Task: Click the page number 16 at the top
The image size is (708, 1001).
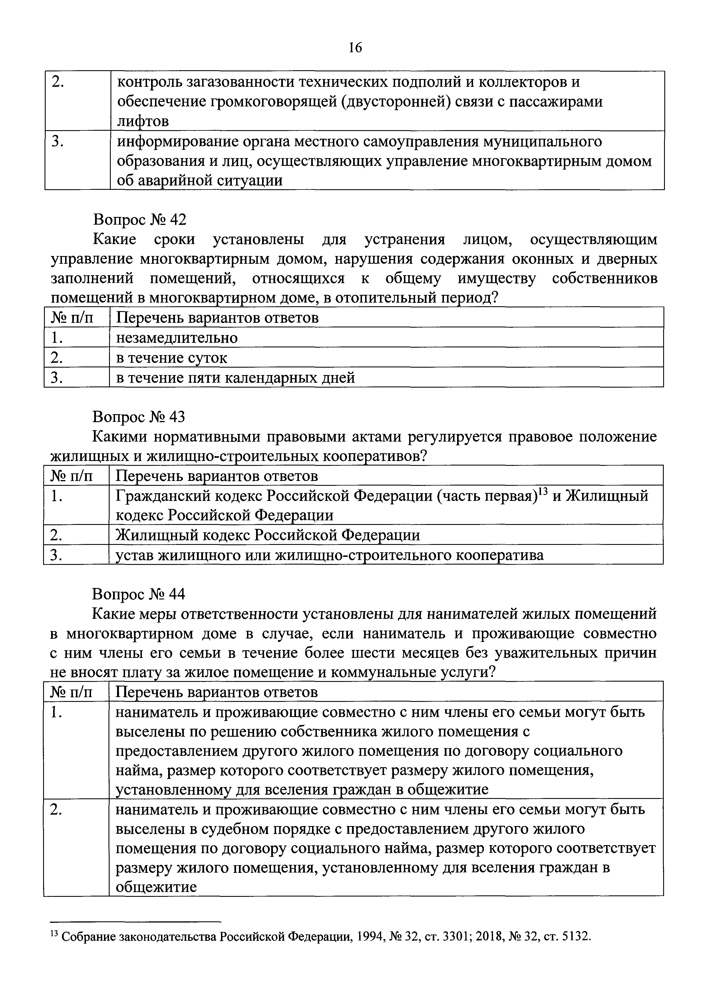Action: click(355, 47)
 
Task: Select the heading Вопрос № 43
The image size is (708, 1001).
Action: click(139, 417)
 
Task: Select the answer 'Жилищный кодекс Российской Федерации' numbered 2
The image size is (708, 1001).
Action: click(268, 535)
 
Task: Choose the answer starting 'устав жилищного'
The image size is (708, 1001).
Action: click(329, 555)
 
